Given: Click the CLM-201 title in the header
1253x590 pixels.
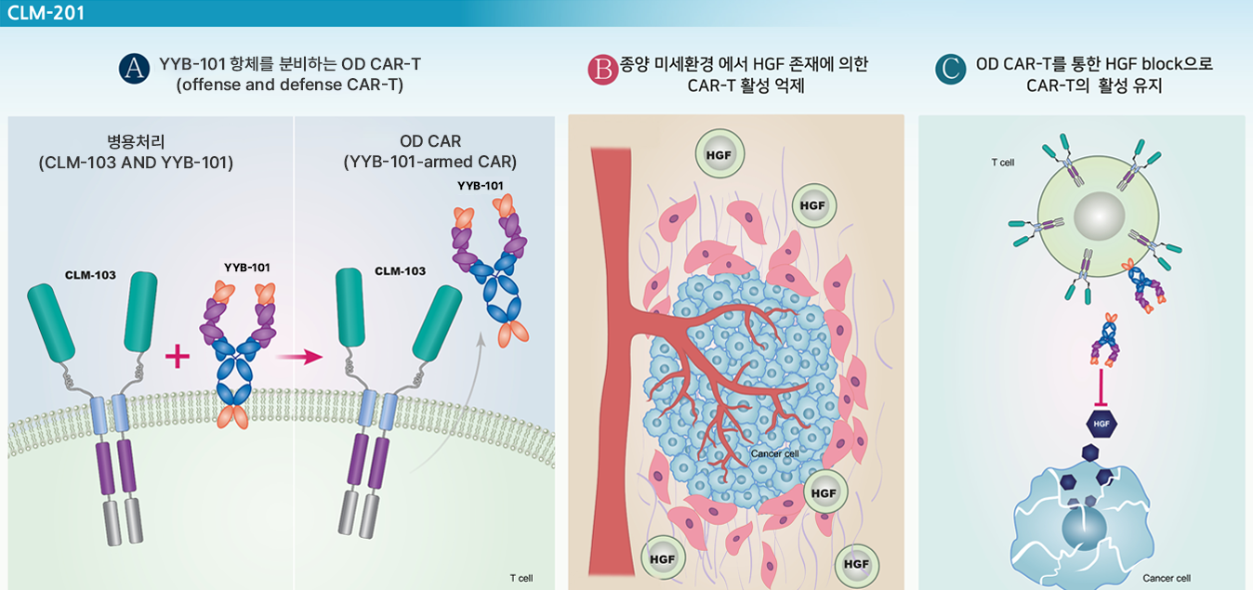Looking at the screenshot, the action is (x=46, y=12).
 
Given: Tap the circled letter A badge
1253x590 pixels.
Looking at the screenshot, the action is (x=134, y=69).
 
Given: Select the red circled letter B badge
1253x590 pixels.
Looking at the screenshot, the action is (x=603, y=70).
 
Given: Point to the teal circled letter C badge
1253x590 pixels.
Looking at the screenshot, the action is (x=950, y=69).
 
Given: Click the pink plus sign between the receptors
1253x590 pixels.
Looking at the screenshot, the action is (x=178, y=356).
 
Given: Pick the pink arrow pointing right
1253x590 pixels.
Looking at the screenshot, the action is (x=300, y=357).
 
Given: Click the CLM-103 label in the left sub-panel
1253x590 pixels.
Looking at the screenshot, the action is (x=90, y=275).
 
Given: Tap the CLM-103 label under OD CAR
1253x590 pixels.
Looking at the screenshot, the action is (x=400, y=271).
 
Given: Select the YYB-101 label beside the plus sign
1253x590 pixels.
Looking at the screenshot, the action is (x=246, y=268).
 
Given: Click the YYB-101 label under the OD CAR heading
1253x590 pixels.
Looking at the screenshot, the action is (x=480, y=186).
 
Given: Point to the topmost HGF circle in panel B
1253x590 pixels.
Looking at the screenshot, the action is (x=719, y=154).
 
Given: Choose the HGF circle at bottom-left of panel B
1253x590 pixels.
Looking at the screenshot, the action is (x=663, y=558).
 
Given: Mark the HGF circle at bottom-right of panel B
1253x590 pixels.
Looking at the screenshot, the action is (x=856, y=564).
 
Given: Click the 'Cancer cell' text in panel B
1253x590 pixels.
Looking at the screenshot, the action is (x=774, y=453).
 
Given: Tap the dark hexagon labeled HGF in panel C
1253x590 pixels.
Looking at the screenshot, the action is (x=1101, y=424).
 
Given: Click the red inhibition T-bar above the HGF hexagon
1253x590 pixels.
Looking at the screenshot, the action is (x=1101, y=387).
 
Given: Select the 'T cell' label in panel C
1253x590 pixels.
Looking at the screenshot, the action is (x=1002, y=163).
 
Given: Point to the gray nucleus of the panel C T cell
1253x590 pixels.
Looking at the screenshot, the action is (x=1100, y=216).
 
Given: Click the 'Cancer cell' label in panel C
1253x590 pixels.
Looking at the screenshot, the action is (x=1167, y=578).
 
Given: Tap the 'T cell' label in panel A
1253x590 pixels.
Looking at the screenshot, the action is (x=521, y=578).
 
